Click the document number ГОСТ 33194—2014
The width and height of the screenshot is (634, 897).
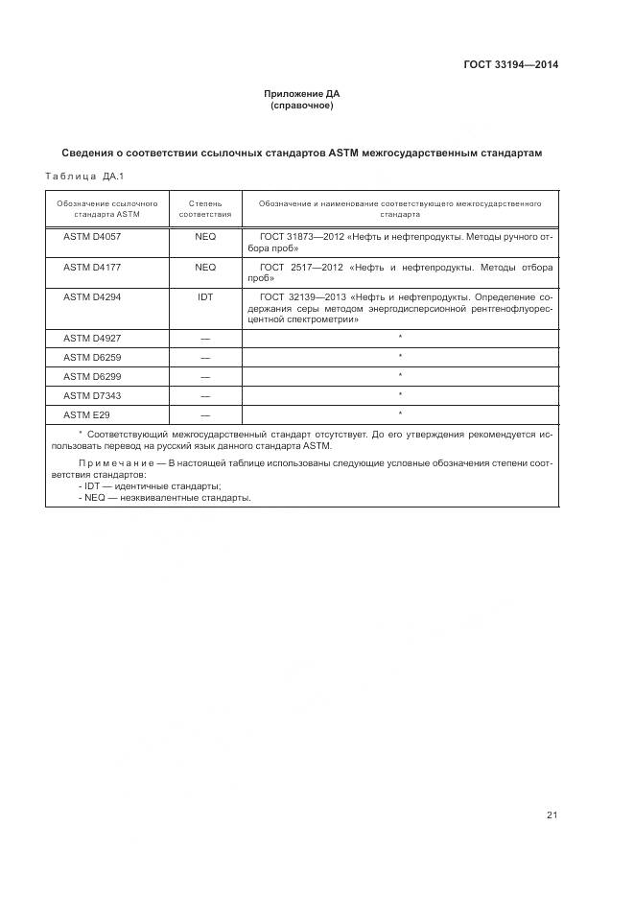pyautogui.click(x=511, y=65)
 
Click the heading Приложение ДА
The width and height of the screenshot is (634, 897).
pyautogui.click(x=302, y=94)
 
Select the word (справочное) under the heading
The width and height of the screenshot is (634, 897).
pyautogui.click(x=302, y=106)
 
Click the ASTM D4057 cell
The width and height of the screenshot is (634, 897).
pyautogui.click(x=92, y=235)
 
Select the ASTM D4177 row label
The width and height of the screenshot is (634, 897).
pyautogui.click(x=92, y=267)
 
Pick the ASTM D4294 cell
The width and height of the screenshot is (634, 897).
pyautogui.click(x=92, y=297)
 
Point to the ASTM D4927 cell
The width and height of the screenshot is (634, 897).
pyautogui.click(x=92, y=338)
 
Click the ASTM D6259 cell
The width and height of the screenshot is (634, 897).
pyautogui.click(x=92, y=357)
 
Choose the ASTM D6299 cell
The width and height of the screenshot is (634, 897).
pyautogui.click(x=92, y=376)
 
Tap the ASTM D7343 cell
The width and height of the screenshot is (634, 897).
pyautogui.click(x=92, y=395)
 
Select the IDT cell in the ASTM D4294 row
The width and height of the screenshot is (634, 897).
pyautogui.click(x=205, y=297)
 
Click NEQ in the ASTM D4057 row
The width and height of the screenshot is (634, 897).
pyautogui.click(x=205, y=235)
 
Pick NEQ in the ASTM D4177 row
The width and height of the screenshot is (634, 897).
pyautogui.click(x=205, y=267)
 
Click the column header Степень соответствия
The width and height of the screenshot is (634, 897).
pyautogui.click(x=205, y=209)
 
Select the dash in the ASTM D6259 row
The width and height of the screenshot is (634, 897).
pyautogui.click(x=205, y=358)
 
